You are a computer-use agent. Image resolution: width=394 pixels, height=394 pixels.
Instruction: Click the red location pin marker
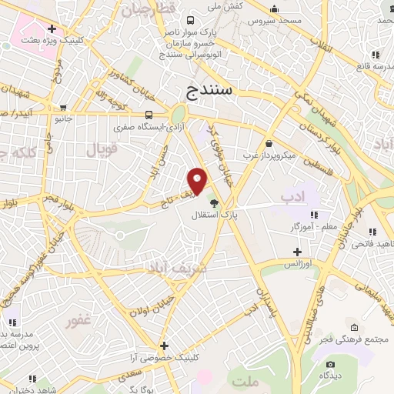pyautogui.click(x=198, y=182)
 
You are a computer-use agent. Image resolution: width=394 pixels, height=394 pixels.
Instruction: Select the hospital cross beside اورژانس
pyautogui.click(x=298, y=252)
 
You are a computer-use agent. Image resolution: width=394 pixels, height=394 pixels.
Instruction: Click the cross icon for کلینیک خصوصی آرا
pyautogui.click(x=163, y=346)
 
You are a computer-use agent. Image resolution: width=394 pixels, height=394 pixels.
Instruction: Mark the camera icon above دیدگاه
pyautogui.click(x=330, y=364)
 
